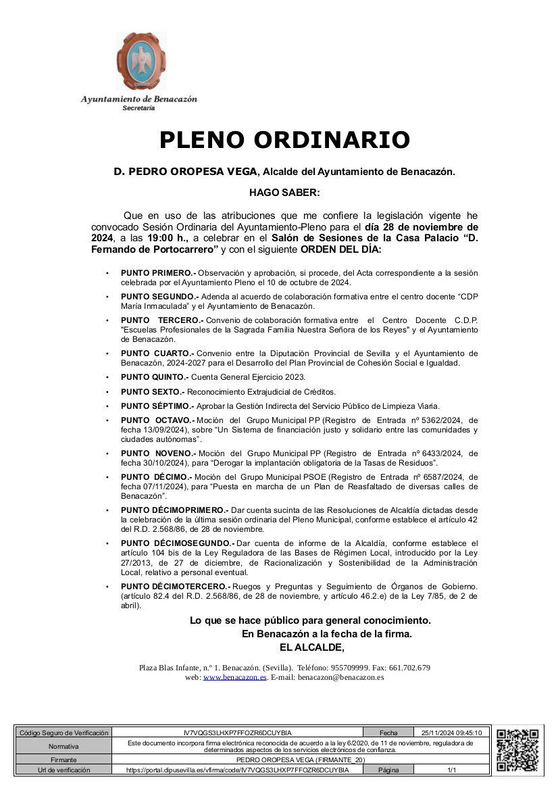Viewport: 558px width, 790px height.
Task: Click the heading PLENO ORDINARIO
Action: [284, 140]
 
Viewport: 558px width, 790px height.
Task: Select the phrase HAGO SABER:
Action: [284, 193]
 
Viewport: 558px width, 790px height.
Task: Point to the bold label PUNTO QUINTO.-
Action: [155, 377]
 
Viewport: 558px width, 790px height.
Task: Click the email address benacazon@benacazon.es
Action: [341, 677]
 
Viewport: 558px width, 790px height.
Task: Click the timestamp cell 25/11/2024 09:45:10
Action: [451, 733]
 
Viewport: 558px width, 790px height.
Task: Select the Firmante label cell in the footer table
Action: [64, 760]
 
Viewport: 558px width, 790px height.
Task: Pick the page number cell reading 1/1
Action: [452, 770]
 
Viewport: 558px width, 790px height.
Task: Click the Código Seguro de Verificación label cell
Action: [64, 733]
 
